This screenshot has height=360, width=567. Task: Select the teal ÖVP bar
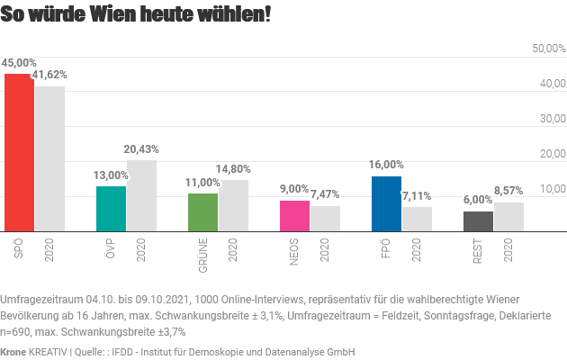(111, 208)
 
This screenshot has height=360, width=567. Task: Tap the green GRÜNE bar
(202, 211)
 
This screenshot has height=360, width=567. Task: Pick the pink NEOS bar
(294, 215)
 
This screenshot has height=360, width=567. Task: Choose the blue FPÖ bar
(386, 202)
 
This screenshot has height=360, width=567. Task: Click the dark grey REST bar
(478, 220)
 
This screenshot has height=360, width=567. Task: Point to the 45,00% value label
(19, 63)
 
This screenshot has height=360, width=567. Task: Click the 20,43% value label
(141, 149)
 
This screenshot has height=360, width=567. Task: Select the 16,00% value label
(386, 165)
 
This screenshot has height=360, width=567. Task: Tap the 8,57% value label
(508, 191)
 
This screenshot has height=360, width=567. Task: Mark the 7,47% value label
(325, 194)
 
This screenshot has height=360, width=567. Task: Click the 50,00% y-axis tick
(548, 49)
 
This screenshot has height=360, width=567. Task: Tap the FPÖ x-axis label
(386, 245)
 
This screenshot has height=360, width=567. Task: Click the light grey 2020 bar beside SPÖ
(49, 157)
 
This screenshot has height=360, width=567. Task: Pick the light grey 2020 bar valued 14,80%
(233, 205)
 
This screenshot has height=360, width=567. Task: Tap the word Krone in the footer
(14, 352)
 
